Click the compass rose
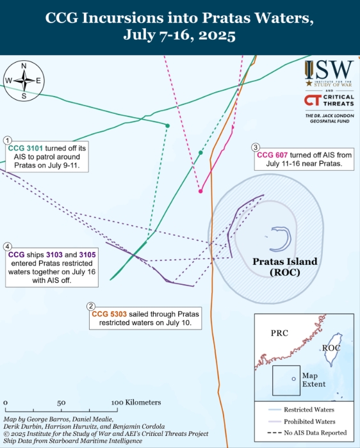pos(24,81)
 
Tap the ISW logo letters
pos(329,70)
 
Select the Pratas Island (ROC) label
pos(285,267)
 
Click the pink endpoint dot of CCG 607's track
pos(200,191)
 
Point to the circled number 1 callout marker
pos(7,140)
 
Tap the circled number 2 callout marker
pos(91,307)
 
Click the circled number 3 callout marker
pos(256,147)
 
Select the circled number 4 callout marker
pos(7,247)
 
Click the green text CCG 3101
pos(26,148)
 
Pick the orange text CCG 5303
pos(110,314)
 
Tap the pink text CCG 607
pos(272,155)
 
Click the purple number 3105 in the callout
pos(88,255)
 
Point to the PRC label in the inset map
pos(280,333)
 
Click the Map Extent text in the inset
pos(314,380)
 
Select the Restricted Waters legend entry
pos(301,410)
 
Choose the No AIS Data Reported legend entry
pos(307,433)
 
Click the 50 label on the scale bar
pos(61,403)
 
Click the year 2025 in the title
pos(217,35)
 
